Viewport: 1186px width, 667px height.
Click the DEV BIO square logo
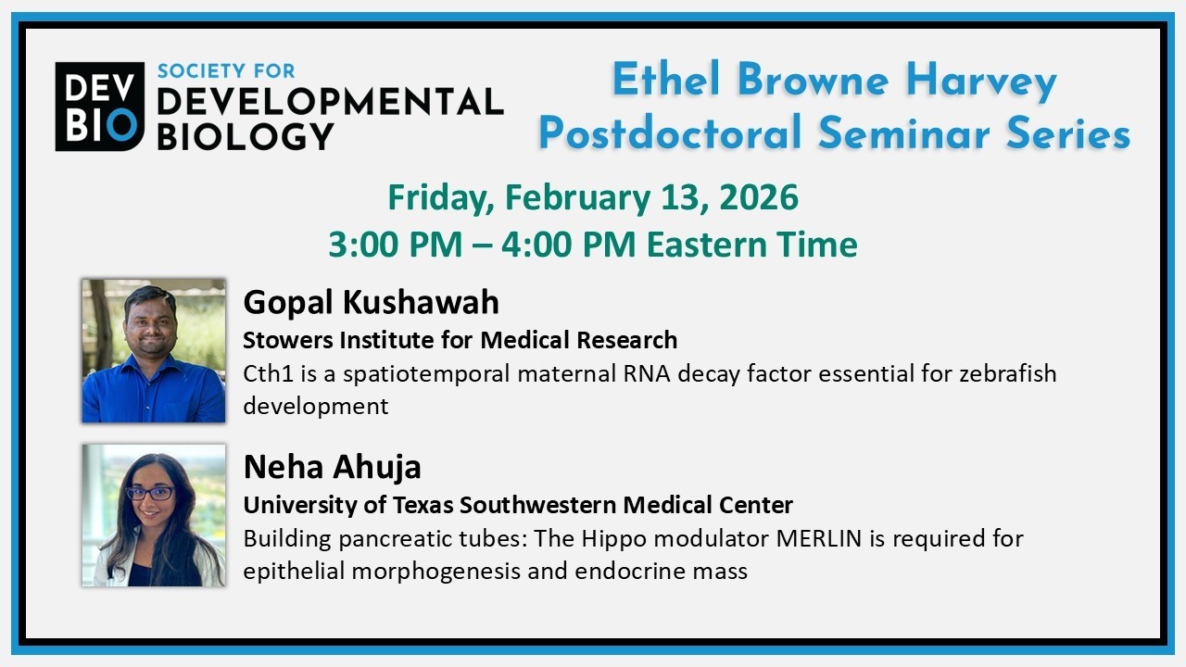point(99,107)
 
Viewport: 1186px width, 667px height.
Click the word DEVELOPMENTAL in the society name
point(330,102)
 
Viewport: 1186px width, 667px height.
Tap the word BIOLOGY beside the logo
point(245,135)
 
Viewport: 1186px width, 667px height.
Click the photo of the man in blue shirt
point(154,351)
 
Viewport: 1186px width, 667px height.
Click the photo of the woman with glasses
point(154,515)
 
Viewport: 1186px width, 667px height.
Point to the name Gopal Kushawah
point(371,302)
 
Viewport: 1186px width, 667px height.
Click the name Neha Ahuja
point(332,467)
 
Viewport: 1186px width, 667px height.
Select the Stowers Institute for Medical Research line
point(460,340)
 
